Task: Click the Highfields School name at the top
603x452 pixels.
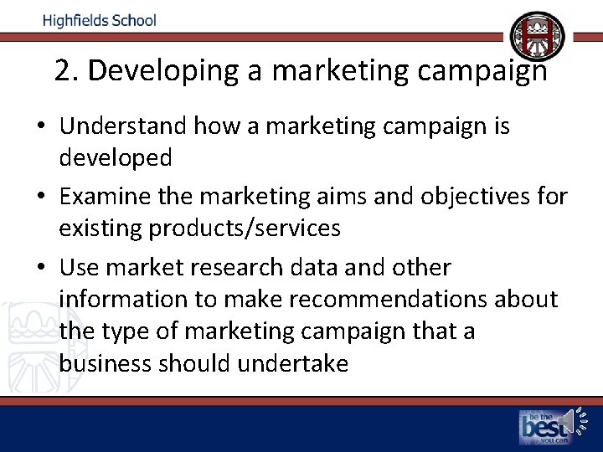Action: coord(100,20)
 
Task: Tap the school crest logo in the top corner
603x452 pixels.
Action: coord(538,36)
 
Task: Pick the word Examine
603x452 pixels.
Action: coord(102,198)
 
